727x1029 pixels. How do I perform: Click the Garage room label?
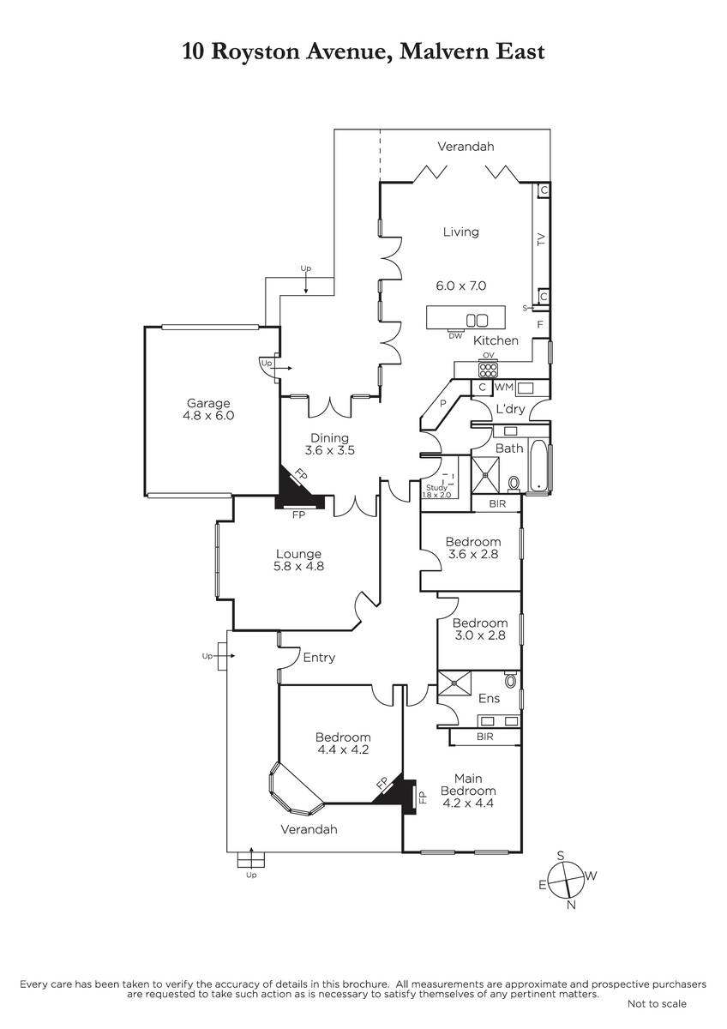pyautogui.click(x=208, y=409)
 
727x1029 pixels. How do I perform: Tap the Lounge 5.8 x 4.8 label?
pyautogui.click(x=298, y=560)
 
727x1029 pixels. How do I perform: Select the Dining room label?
pyautogui.click(x=330, y=444)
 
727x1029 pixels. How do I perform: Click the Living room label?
pyautogui.click(x=460, y=232)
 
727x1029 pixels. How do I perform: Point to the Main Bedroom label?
pyautogui.click(x=468, y=791)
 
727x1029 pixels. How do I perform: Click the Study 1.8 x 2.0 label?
pyautogui.click(x=436, y=491)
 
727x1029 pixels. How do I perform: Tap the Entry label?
pyautogui.click(x=319, y=658)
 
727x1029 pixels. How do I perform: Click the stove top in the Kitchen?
pyautogui.click(x=488, y=370)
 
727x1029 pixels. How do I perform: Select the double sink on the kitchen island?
pyautogui.click(x=477, y=320)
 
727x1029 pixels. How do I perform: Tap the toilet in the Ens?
pyautogui.click(x=510, y=679)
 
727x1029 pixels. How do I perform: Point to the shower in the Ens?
pyautogui.click(x=454, y=684)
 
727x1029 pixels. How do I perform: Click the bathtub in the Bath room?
pyautogui.click(x=538, y=466)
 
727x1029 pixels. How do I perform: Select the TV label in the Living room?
pyautogui.click(x=541, y=239)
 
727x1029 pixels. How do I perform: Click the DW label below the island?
pyautogui.click(x=455, y=336)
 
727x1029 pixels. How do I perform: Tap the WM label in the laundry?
pyautogui.click(x=504, y=387)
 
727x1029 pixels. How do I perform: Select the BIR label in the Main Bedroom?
pyautogui.click(x=485, y=737)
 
